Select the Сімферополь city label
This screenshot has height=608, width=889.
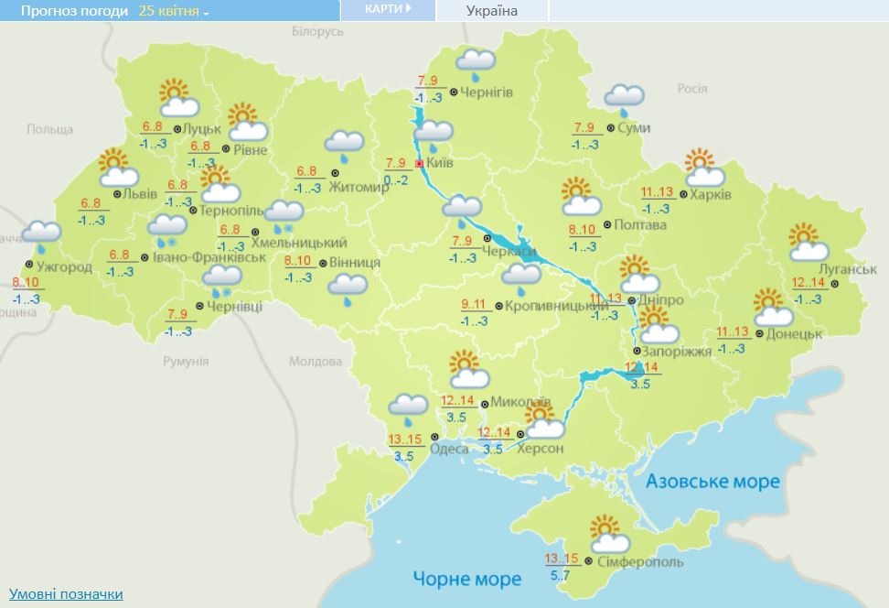[x=629, y=561]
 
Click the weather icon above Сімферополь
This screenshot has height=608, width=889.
[x=605, y=531]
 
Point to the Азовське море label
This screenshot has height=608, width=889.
[x=712, y=482]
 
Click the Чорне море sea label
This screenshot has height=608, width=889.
[x=466, y=579]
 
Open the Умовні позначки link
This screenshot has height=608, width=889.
[x=66, y=594]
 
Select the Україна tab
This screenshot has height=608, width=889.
[x=491, y=11]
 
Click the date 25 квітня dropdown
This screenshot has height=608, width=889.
[x=174, y=11]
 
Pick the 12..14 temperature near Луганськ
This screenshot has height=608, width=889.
[x=808, y=283]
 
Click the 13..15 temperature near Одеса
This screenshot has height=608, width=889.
[x=405, y=440]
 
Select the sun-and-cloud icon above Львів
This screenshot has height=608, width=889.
[x=116, y=168]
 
